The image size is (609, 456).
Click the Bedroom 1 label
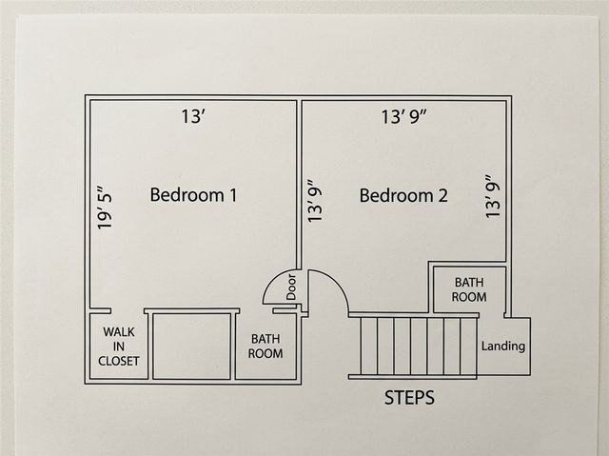tap(193, 195)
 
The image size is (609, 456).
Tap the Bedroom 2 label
tap(403, 195)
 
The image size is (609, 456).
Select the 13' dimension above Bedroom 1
tap(193, 116)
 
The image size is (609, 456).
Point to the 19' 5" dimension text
tap(105, 208)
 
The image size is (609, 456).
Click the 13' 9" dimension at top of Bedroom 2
tap(403, 116)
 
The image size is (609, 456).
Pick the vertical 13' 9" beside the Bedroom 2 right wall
tap(493, 196)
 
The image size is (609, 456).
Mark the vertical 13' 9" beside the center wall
tap(315, 201)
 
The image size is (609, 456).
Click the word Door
tap(291, 287)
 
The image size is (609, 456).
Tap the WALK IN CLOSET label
tap(118, 347)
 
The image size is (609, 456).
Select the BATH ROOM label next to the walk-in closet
tap(265, 347)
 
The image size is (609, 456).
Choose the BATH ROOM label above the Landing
tap(469, 289)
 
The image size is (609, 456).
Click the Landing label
tap(503, 346)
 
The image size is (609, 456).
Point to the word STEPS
tap(409, 398)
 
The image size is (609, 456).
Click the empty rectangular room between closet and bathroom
tap(192, 347)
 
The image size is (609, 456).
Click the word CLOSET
tap(118, 361)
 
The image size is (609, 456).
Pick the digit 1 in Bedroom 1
tap(232, 195)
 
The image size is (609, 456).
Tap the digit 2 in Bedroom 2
tap(442, 195)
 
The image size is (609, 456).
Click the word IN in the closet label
tap(118, 347)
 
